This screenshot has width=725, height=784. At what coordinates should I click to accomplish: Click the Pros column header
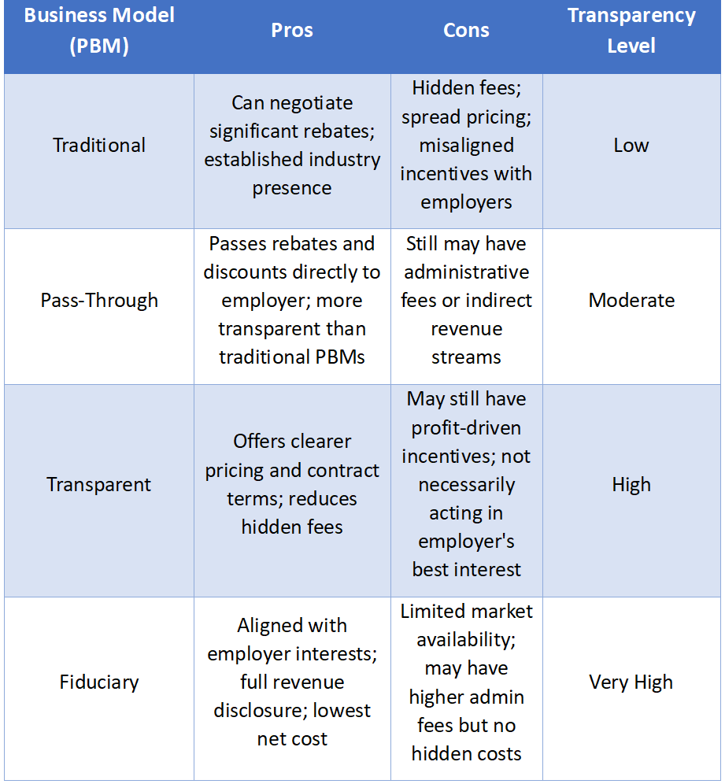[292, 31]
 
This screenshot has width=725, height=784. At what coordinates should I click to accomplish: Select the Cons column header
[466, 31]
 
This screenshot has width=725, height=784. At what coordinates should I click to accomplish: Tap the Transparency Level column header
[631, 31]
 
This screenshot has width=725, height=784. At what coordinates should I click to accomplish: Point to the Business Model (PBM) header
[98, 31]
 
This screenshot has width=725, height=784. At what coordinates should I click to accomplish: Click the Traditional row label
[99, 146]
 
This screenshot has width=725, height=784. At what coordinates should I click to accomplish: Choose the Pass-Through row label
[99, 301]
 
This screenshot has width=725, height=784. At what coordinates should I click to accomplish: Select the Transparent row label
[99, 485]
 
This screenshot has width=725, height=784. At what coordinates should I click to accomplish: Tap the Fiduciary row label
[99, 682]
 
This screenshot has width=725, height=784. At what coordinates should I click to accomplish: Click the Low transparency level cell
[631, 146]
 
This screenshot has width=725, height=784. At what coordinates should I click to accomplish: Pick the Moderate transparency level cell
[631, 301]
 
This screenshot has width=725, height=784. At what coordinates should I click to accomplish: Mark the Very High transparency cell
[631, 682]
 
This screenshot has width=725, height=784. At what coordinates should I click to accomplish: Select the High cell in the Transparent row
[631, 485]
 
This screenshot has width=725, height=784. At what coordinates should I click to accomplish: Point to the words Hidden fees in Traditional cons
[466, 88]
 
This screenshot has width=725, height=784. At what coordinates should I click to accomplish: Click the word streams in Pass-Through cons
[466, 357]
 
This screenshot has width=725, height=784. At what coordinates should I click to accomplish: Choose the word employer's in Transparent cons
[466, 542]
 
